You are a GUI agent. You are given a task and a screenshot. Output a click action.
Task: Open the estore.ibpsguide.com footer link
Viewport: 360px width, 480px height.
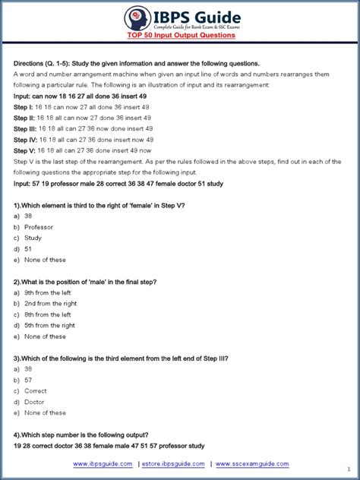[174, 463]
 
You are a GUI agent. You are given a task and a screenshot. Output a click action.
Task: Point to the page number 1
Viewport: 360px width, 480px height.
[348, 469]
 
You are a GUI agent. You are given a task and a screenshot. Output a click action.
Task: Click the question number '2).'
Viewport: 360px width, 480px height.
[17, 282]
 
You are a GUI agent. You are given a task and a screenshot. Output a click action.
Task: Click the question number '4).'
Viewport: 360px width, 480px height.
[17, 435]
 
